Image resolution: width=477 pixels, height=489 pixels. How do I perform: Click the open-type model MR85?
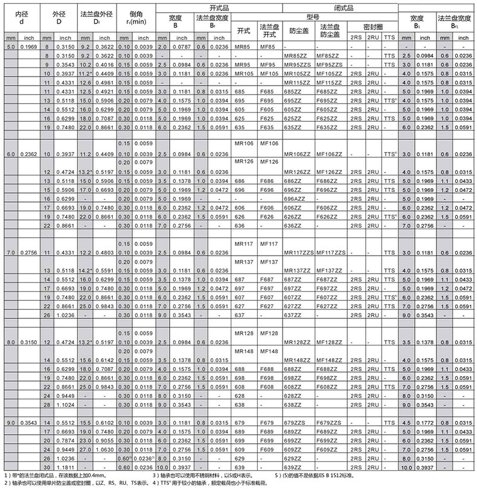[x=242, y=46]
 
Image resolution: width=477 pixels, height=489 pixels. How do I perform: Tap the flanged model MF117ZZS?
[x=330, y=253]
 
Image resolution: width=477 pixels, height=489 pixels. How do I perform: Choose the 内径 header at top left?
[x=20, y=13]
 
